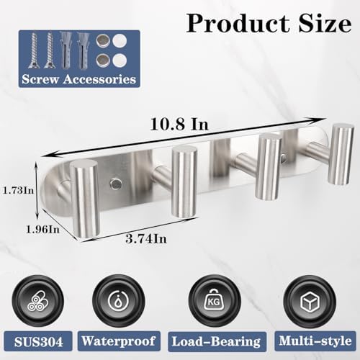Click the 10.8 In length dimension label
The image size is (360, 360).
[x=179, y=125]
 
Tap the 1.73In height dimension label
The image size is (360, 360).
[x=18, y=191]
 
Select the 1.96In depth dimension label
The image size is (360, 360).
[x=42, y=230]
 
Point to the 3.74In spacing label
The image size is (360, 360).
[x=146, y=239]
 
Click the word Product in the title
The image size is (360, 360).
[x=238, y=24]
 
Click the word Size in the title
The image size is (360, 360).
[x=325, y=23]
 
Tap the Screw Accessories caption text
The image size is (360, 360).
[x=79, y=79]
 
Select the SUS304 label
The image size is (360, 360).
[x=38, y=342]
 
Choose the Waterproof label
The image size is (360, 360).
[x=119, y=341]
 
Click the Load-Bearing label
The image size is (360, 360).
[x=216, y=341]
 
